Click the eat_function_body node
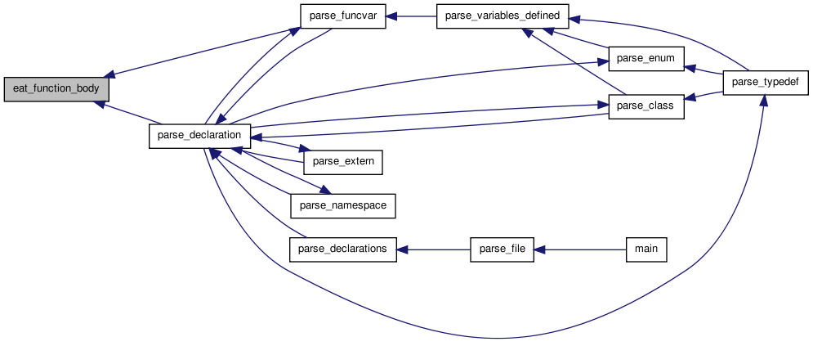point(56,89)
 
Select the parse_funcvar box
point(342,16)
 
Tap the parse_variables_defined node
point(503,16)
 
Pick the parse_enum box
point(646,59)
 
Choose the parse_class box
point(646,106)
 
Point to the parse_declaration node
point(199,136)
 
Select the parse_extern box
point(342,162)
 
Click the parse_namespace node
point(342,205)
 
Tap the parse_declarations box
point(342,249)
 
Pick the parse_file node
point(502,249)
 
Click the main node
point(646,249)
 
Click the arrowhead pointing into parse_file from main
point(540,249)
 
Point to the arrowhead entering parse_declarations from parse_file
point(402,249)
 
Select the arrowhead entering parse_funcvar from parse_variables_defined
point(391,16)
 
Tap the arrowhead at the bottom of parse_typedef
point(764,101)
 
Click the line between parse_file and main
point(580,249)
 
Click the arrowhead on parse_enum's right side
point(690,68)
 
